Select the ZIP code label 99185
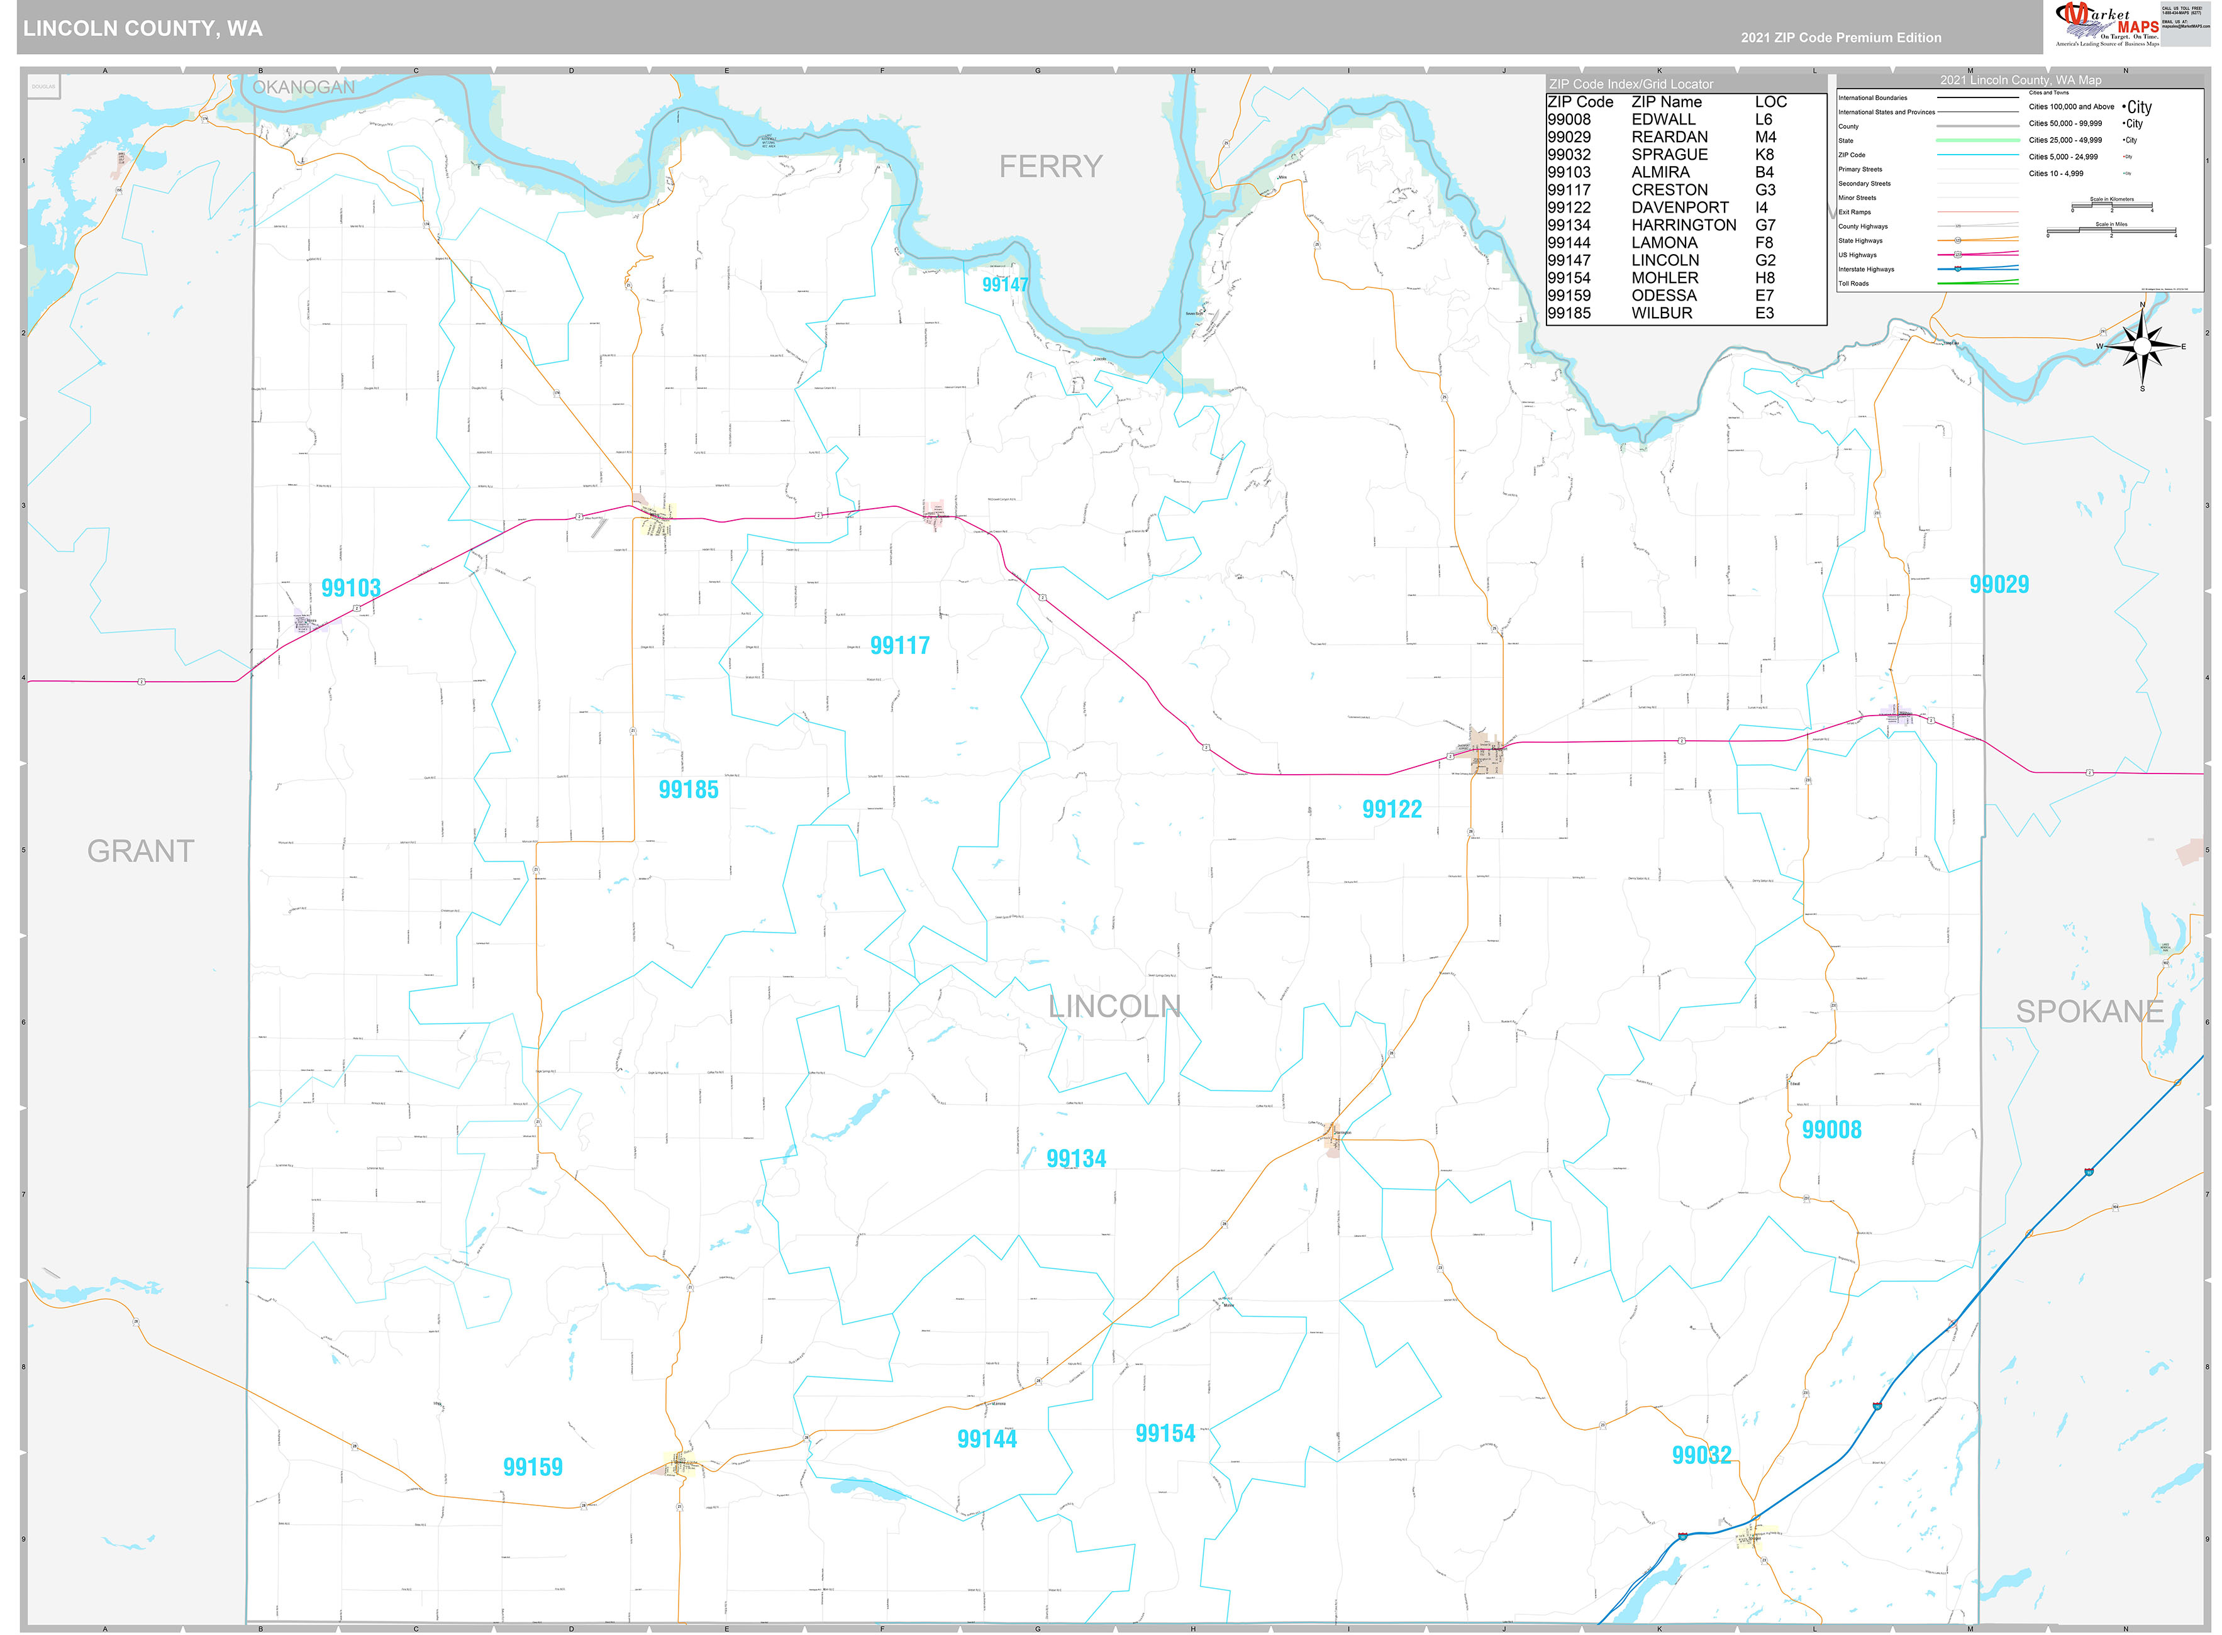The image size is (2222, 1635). point(688,790)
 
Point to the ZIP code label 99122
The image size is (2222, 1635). point(1392,809)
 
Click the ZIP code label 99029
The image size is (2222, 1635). point(1998,585)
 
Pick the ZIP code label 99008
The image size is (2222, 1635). point(1831,1130)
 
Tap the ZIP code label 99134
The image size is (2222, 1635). point(1076,1159)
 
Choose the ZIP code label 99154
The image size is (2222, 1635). point(1165,1434)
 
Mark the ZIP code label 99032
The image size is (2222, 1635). point(1701,1455)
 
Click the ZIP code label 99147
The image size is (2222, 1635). point(1004,285)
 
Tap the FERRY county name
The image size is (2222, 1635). point(1050,166)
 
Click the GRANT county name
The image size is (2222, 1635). point(140,851)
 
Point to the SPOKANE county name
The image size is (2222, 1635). point(2089,1011)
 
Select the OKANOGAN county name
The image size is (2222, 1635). point(303,87)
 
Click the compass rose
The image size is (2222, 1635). point(2142,346)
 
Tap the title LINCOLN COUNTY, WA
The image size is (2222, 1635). point(143,29)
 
